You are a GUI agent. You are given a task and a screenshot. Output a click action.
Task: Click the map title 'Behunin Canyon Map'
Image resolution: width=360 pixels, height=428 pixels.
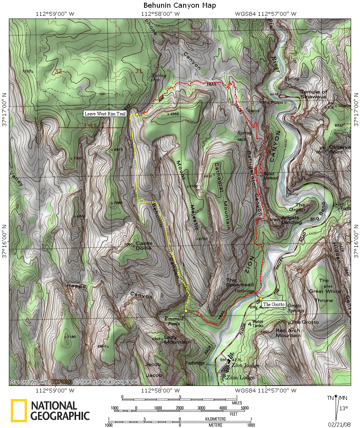coord(180,5)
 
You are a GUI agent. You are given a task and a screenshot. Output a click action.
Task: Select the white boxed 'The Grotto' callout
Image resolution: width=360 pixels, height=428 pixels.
coord(273,305)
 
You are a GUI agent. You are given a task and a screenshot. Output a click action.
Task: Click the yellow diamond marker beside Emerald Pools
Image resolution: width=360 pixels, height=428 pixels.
coord(186,311)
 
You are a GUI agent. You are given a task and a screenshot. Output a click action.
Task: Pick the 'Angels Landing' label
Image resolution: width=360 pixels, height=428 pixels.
coord(291,220)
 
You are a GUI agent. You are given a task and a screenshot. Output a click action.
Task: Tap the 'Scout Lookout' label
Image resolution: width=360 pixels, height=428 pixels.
coord(271,176)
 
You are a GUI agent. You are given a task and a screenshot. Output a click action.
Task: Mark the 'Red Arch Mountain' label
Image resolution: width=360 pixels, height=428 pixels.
coord(288,333)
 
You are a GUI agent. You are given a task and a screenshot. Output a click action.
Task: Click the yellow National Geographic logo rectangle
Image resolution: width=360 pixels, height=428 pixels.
coord(19,410)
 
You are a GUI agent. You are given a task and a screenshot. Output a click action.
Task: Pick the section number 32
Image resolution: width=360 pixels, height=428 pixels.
coord(58,71)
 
